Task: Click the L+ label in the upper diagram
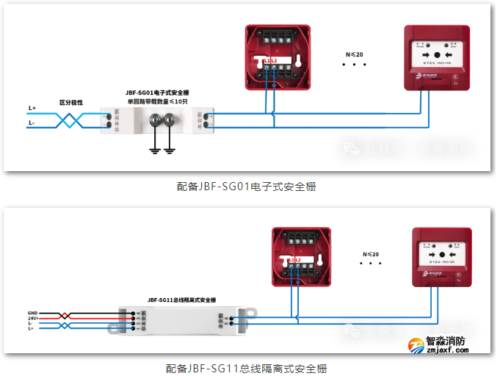coord(32,108)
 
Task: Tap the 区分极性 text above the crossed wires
coord(71,103)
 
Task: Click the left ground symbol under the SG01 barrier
coord(155,150)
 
